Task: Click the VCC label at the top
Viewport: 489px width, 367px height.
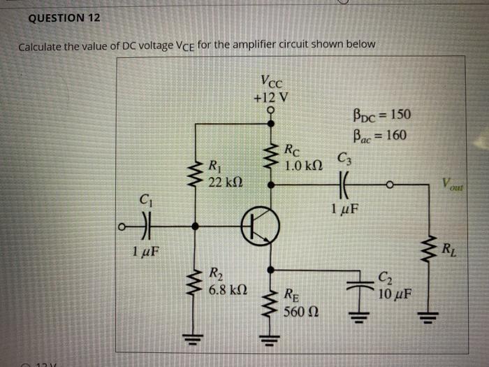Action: (x=270, y=81)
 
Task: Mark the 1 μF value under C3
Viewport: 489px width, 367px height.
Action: (x=345, y=208)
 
